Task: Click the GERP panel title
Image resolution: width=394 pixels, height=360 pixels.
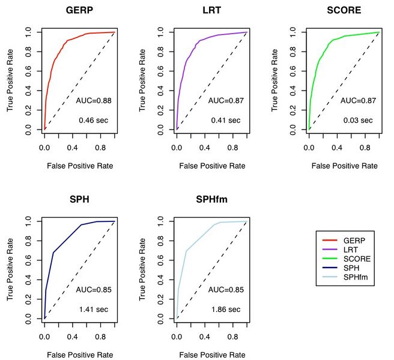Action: tap(79, 11)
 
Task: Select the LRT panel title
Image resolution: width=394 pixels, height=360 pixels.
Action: tap(211, 11)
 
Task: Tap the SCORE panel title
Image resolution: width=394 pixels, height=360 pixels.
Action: tap(344, 11)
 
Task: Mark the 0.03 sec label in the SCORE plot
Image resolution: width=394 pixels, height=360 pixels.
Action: tap(357, 121)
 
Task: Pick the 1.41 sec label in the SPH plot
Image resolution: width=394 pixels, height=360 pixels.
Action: tap(93, 310)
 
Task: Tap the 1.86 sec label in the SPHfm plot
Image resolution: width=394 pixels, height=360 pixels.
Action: tap(225, 310)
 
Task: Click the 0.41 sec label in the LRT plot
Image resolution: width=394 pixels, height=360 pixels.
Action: tap(225, 121)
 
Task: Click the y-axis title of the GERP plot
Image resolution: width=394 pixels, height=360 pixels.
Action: tap(10, 80)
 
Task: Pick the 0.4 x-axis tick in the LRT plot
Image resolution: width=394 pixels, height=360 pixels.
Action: tap(200, 146)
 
